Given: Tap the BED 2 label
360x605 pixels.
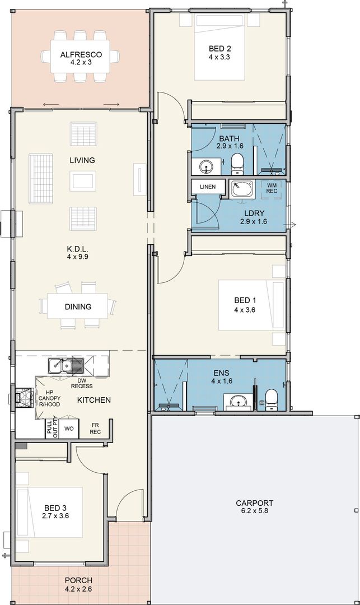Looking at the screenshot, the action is click(x=219, y=49).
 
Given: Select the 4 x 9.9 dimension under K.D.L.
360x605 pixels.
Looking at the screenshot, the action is click(x=77, y=257).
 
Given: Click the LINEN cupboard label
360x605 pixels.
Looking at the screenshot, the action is click(x=208, y=187).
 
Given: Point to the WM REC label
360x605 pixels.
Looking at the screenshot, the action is click(x=272, y=188).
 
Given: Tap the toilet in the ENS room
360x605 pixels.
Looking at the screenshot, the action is click(x=272, y=399).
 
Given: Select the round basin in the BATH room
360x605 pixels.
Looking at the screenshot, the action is click(x=207, y=167).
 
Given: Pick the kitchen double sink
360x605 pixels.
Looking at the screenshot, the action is click(x=66, y=365).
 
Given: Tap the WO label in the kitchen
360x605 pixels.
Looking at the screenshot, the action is click(x=69, y=429).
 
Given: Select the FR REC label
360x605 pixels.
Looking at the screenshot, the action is click(x=95, y=429).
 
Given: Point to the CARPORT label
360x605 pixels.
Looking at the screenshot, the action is click(x=254, y=503).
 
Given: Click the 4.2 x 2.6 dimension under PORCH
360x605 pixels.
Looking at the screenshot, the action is click(x=78, y=589).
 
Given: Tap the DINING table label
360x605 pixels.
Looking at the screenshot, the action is click(x=78, y=307).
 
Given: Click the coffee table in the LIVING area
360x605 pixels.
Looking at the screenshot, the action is click(x=83, y=182).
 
